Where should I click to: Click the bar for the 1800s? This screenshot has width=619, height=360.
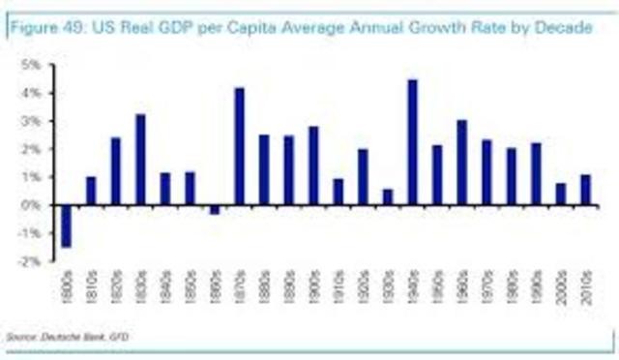click(67, 225)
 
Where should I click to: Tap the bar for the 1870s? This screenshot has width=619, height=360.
click(240, 146)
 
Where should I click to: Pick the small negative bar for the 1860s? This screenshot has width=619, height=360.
click(215, 209)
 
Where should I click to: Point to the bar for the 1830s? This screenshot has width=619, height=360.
click(140, 160)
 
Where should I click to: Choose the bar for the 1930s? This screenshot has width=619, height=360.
click(388, 196)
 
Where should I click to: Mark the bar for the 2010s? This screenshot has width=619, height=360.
click(585, 190)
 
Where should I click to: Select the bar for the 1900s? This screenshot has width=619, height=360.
click(313, 165)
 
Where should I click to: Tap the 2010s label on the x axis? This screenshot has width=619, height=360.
click(586, 287)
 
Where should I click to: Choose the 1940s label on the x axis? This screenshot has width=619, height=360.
click(413, 287)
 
